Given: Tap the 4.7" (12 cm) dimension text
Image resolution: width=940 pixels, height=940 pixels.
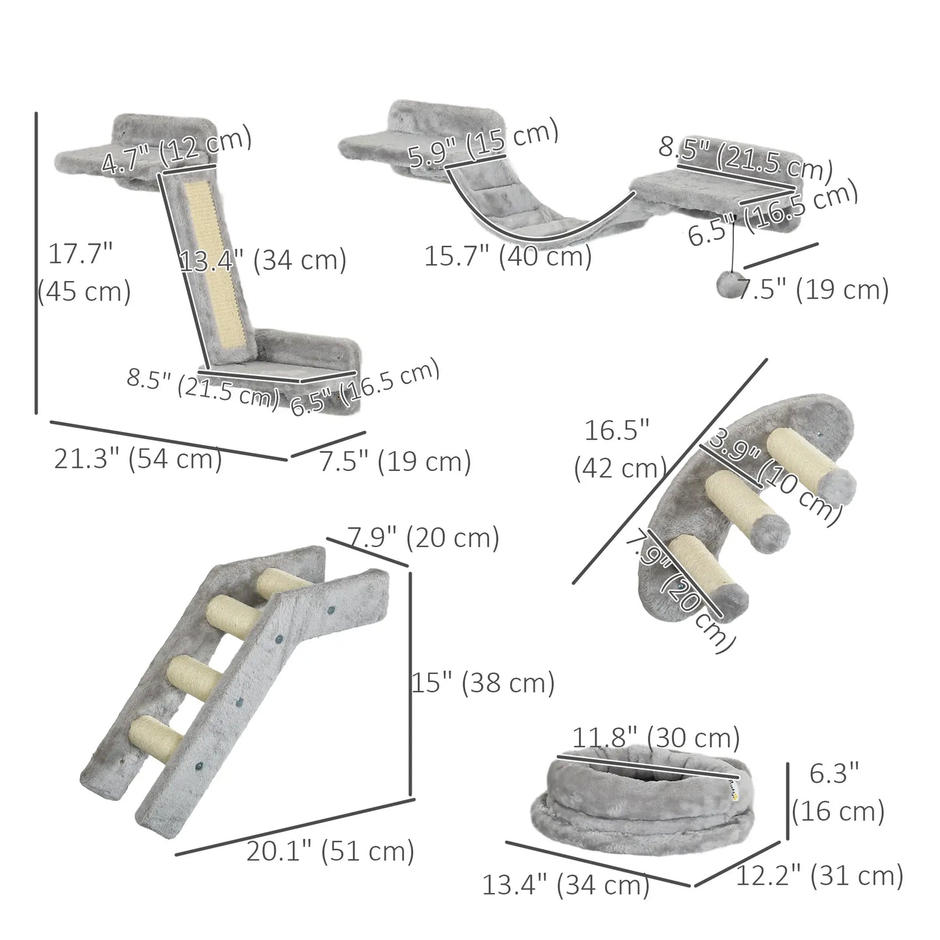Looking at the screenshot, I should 176,151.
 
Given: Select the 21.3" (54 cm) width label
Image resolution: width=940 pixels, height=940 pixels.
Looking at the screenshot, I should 138,459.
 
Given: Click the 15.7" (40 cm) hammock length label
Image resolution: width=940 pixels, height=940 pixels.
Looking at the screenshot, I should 508,256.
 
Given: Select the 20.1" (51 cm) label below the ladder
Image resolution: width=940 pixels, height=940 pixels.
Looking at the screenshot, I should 330,851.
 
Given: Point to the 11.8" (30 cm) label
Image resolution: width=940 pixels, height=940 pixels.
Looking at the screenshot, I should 656,738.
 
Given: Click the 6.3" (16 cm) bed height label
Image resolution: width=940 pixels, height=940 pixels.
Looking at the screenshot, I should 837,793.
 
